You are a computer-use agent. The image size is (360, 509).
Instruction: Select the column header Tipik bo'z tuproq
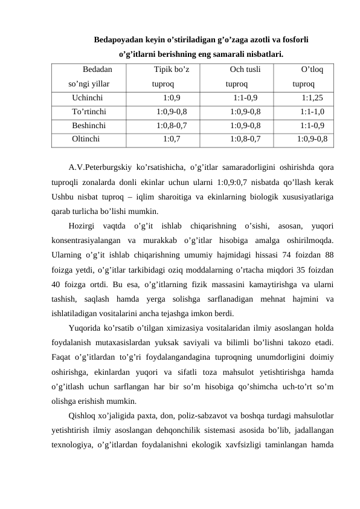[x=172, y=77]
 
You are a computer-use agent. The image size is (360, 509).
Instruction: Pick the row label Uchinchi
[x=87, y=97]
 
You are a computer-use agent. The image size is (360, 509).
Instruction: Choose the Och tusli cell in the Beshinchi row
[x=245, y=125]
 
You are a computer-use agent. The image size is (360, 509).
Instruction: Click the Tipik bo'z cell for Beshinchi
[x=171, y=125]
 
